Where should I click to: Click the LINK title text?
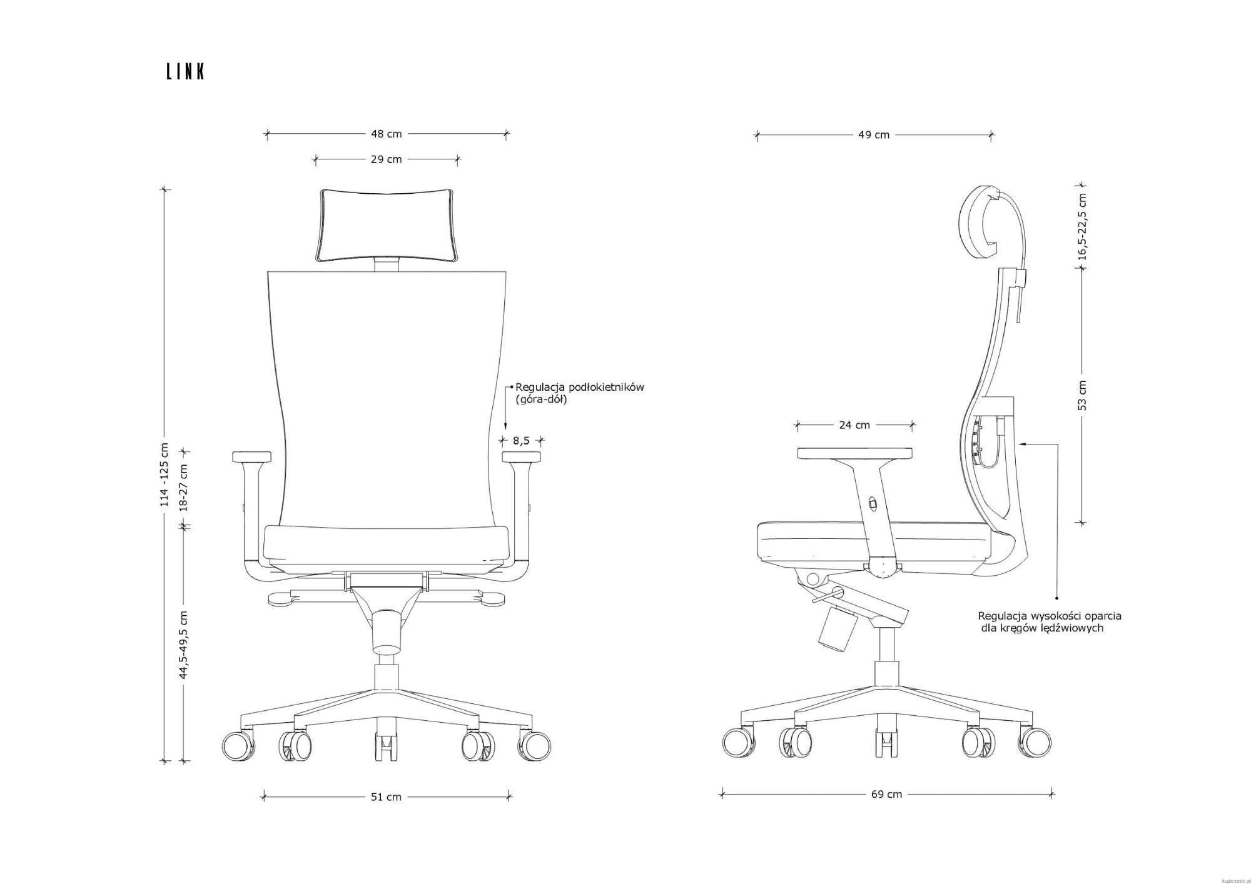186,72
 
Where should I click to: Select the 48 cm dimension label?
387,134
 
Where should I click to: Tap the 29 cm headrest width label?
387,159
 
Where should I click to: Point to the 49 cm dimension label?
874,134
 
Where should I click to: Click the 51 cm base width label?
387,797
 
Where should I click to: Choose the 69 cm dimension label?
887,795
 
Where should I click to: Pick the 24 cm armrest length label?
854,425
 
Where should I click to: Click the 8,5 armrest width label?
521,441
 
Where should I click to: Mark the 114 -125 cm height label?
165,475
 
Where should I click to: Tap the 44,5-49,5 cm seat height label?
183,645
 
